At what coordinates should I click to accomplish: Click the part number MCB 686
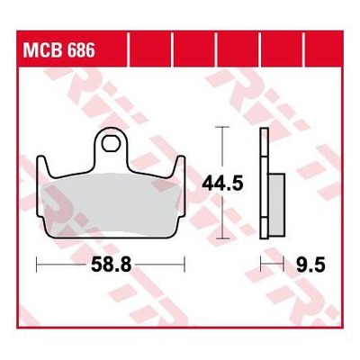click(x=59, y=49)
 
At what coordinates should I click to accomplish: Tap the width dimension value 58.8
click(x=112, y=265)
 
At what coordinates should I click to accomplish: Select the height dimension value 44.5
click(x=222, y=184)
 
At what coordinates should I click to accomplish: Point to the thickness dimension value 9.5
click(x=310, y=265)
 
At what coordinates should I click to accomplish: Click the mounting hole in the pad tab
click(x=111, y=144)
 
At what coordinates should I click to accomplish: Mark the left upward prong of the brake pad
click(x=42, y=166)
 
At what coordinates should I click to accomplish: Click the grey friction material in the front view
click(x=111, y=205)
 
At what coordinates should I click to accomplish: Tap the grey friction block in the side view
click(x=276, y=204)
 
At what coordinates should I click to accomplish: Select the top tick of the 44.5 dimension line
click(x=222, y=127)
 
